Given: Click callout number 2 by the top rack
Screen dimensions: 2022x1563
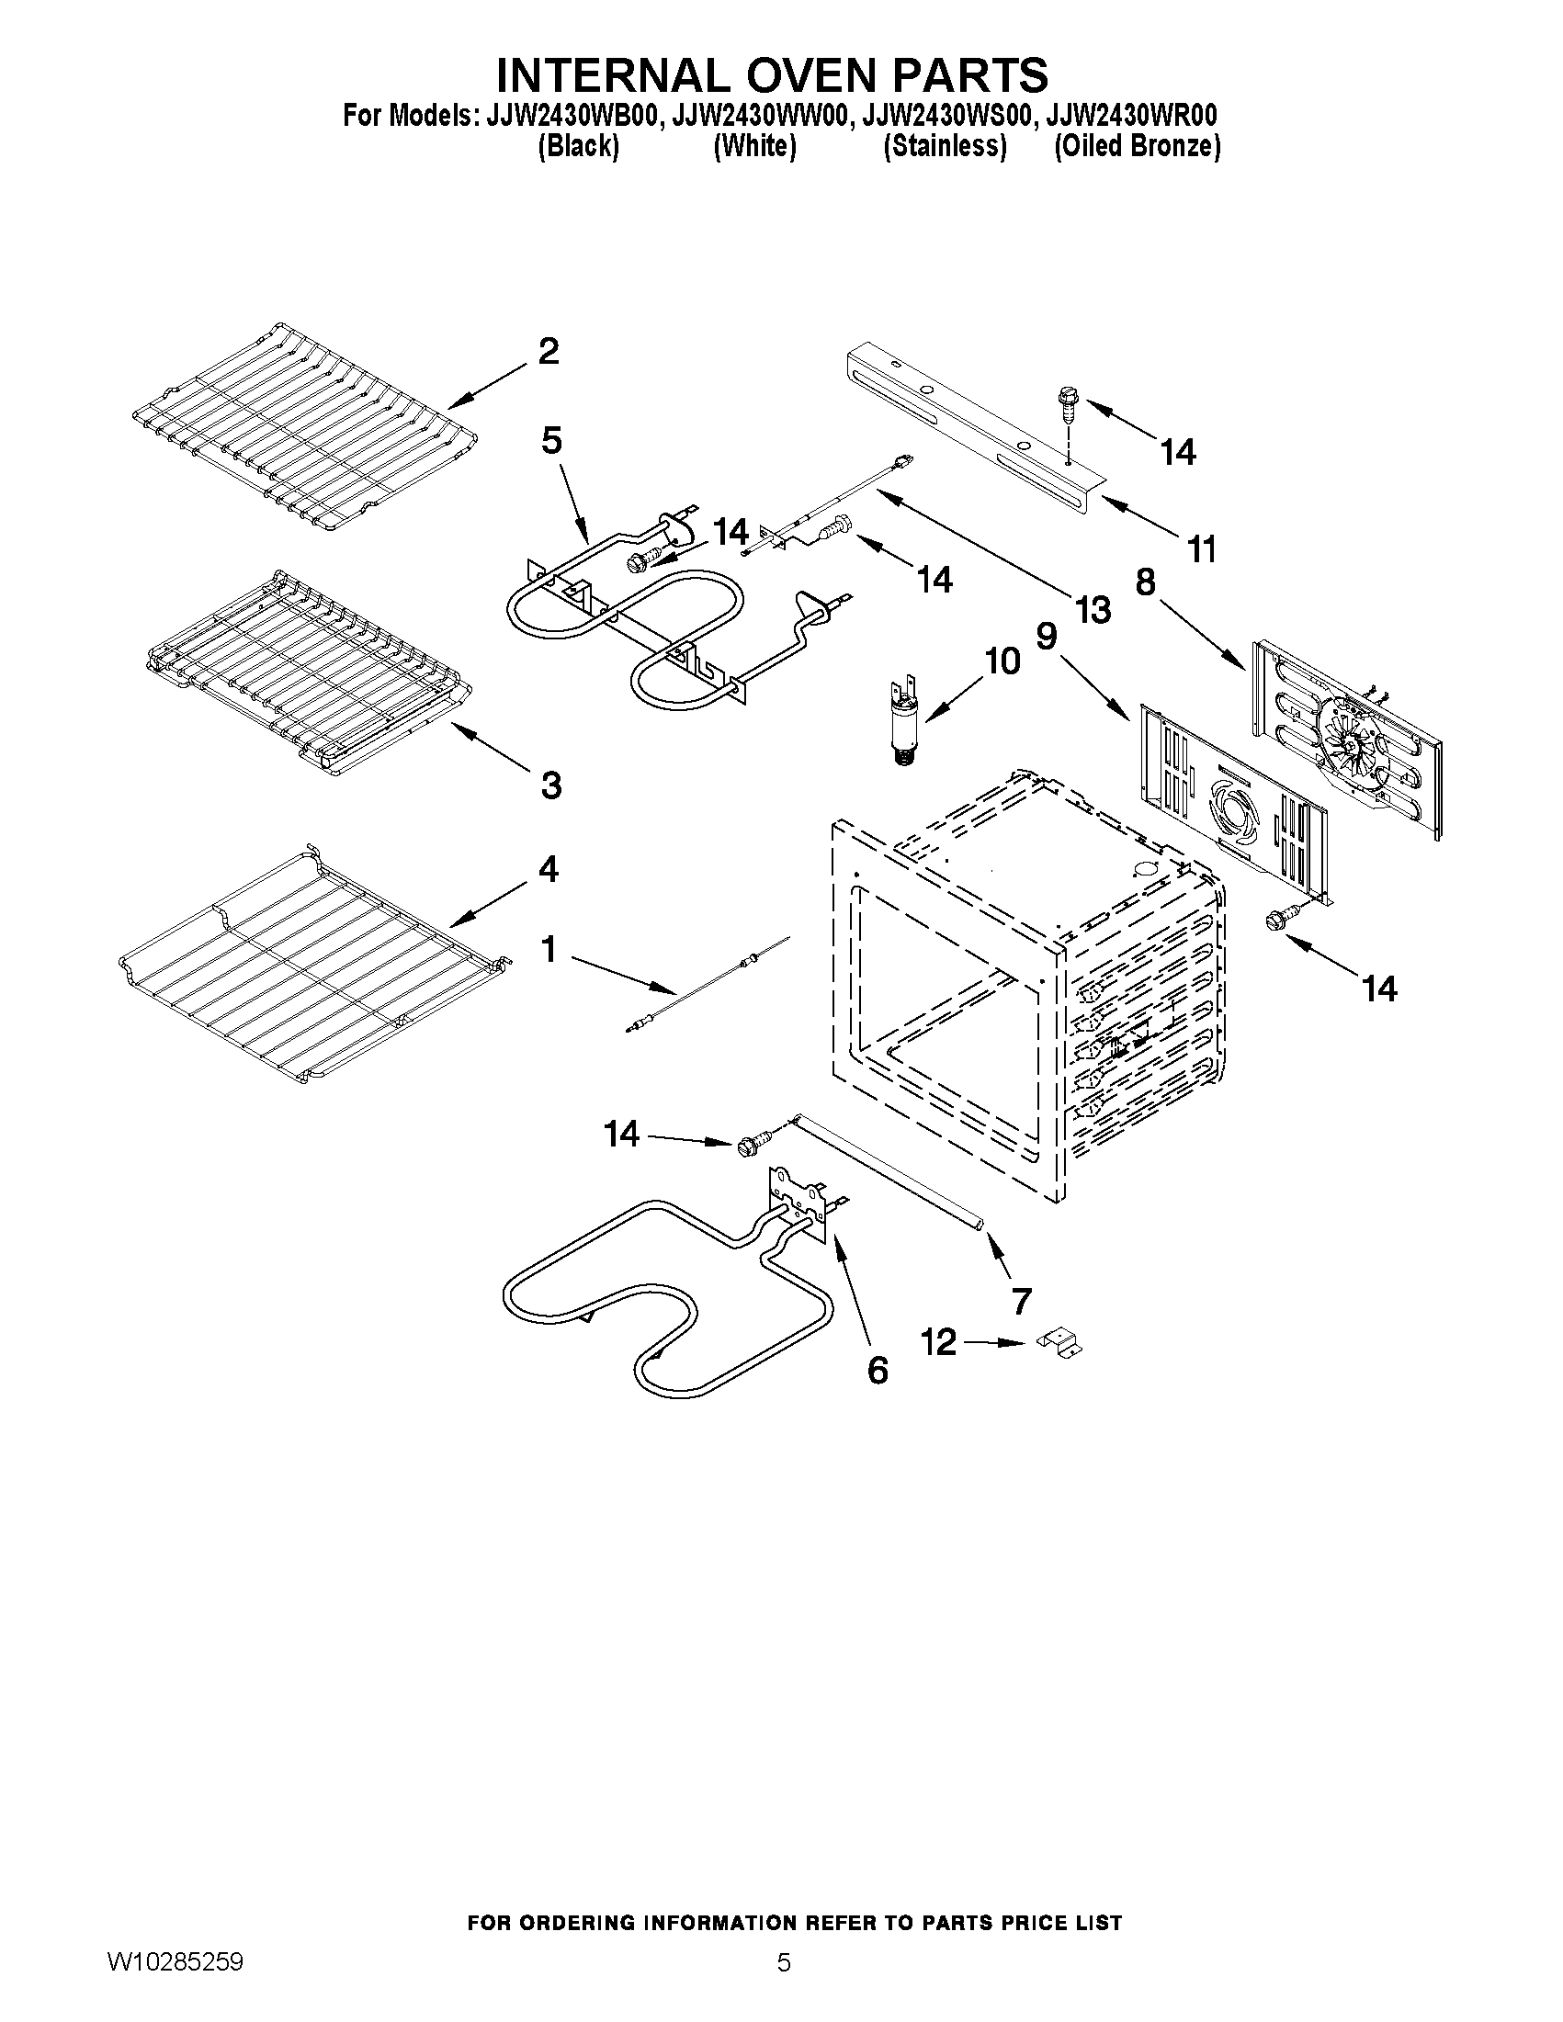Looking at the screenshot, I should tap(549, 353).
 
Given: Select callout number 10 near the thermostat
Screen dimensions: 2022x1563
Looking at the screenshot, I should tap(1002, 661).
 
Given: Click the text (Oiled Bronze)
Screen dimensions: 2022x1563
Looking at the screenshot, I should tap(1137, 146).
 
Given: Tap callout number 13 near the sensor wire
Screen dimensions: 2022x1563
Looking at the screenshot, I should tap(1093, 610).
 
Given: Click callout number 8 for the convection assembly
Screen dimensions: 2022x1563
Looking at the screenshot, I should tap(1146, 582).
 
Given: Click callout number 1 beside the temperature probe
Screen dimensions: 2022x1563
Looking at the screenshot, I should tap(549, 949).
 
